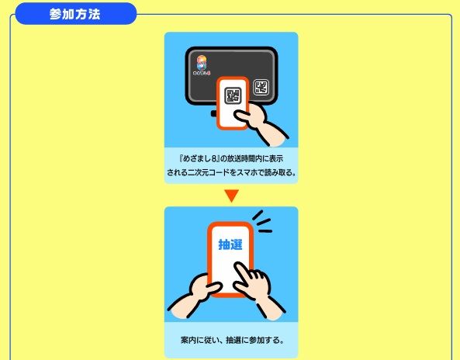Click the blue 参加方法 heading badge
(76, 13)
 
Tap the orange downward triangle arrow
(231, 196)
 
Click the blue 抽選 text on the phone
(230, 244)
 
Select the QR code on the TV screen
(261, 87)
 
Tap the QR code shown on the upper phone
(233, 95)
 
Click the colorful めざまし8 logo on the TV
(202, 65)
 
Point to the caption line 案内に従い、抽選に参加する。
(232, 340)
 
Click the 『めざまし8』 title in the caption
(199, 159)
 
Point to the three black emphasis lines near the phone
(262, 222)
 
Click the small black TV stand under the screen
(214, 114)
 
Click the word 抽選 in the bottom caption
(233, 340)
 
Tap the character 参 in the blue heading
(55, 14)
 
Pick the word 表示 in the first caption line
(275, 159)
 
